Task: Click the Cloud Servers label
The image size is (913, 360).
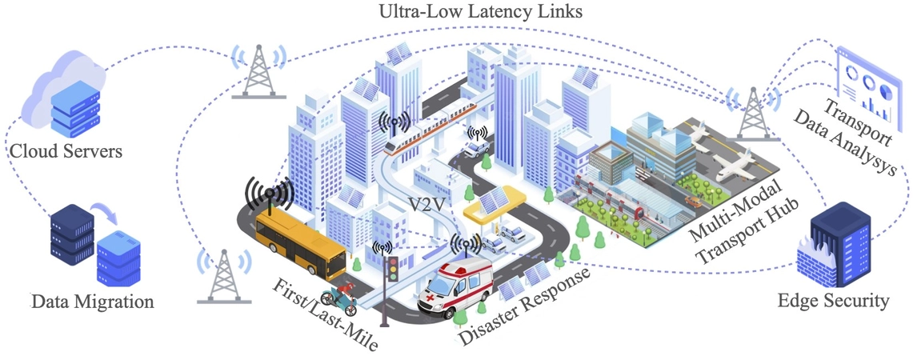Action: pyautogui.click(x=66, y=150)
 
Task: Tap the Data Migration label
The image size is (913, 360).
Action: pyautogui.click(x=92, y=302)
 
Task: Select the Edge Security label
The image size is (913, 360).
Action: pyautogui.click(x=833, y=302)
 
